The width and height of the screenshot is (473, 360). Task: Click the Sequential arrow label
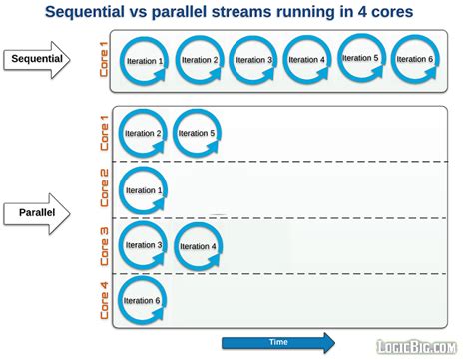(x=36, y=59)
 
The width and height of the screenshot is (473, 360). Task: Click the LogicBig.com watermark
(x=423, y=346)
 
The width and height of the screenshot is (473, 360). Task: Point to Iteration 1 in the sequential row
(x=145, y=61)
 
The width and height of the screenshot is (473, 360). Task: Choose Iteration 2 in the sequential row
(x=199, y=61)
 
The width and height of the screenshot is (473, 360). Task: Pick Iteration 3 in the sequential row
(x=252, y=61)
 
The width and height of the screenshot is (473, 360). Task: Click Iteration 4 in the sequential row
(x=306, y=61)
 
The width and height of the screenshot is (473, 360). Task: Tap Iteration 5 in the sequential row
(x=360, y=59)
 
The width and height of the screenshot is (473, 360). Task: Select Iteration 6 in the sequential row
(x=413, y=60)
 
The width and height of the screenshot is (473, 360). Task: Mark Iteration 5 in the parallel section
(x=197, y=134)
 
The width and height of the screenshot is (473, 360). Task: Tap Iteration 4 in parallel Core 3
(x=198, y=246)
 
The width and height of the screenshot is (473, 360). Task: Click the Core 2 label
(x=104, y=189)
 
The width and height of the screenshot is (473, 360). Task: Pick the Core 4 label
(x=104, y=301)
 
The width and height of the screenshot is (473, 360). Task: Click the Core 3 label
(x=104, y=245)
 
